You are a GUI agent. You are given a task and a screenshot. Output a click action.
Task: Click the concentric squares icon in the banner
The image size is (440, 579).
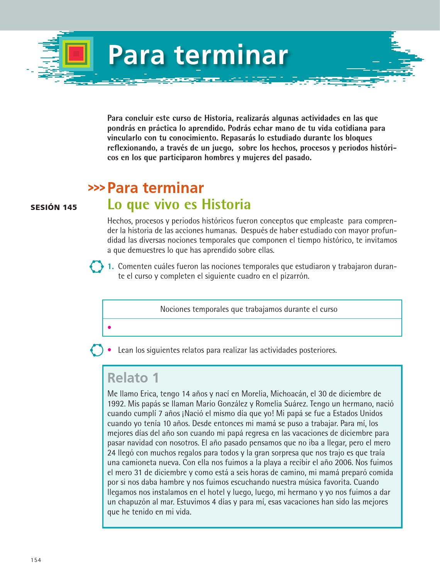[76, 54]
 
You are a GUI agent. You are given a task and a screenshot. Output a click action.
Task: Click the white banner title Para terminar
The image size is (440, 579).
[198, 55]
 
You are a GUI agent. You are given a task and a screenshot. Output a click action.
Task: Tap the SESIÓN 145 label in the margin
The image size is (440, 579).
[54, 207]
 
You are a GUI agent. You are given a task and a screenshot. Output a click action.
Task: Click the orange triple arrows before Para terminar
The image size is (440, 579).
[96, 188]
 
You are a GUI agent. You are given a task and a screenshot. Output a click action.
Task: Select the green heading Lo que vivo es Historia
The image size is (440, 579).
[179, 204]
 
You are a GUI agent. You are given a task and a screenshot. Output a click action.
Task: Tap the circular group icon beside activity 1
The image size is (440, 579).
[96, 267]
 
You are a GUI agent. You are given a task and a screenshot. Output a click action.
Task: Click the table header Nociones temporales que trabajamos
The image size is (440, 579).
[249, 309]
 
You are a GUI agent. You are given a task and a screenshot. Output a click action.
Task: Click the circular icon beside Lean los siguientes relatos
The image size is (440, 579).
[96, 350]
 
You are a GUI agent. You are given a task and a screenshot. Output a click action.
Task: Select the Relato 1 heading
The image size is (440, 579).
[133, 378]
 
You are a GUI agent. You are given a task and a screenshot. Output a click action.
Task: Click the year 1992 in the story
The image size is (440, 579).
[116, 404]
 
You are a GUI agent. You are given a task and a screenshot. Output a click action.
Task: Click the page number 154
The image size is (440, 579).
[36, 560]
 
